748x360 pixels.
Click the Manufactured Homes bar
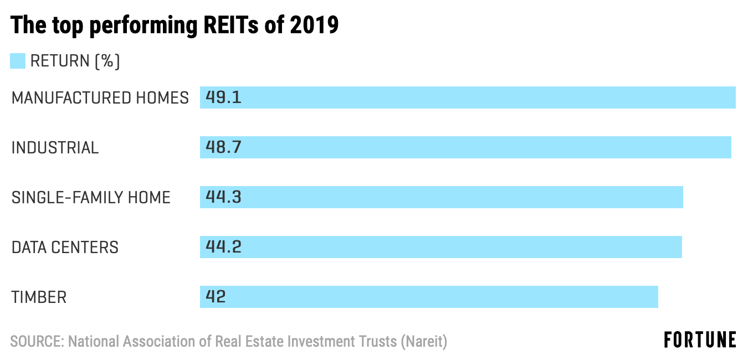pos(468,97)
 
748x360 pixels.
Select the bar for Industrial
pos(465,147)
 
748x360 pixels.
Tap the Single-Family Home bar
pos(442,197)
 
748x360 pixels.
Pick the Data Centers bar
pos(441,247)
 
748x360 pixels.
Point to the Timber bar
pos(429,297)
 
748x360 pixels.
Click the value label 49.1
pos(223,97)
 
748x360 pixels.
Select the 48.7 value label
pos(223,147)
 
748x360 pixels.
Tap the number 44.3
pos(223,197)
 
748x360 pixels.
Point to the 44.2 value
pos(223,247)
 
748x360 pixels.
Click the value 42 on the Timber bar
pos(216,297)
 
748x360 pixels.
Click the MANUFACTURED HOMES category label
pos(100,98)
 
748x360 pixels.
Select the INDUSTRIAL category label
pos(55,148)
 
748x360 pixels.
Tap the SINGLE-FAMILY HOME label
pos(91,198)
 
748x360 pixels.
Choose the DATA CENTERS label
pos(65,248)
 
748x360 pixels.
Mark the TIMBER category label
pos(39,297)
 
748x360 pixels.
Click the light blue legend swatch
pos(18,61)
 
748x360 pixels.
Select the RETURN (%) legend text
pos(75,61)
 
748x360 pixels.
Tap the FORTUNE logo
pos(700,340)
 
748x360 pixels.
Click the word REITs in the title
pos(230,25)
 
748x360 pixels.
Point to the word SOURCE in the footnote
pos(37,342)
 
